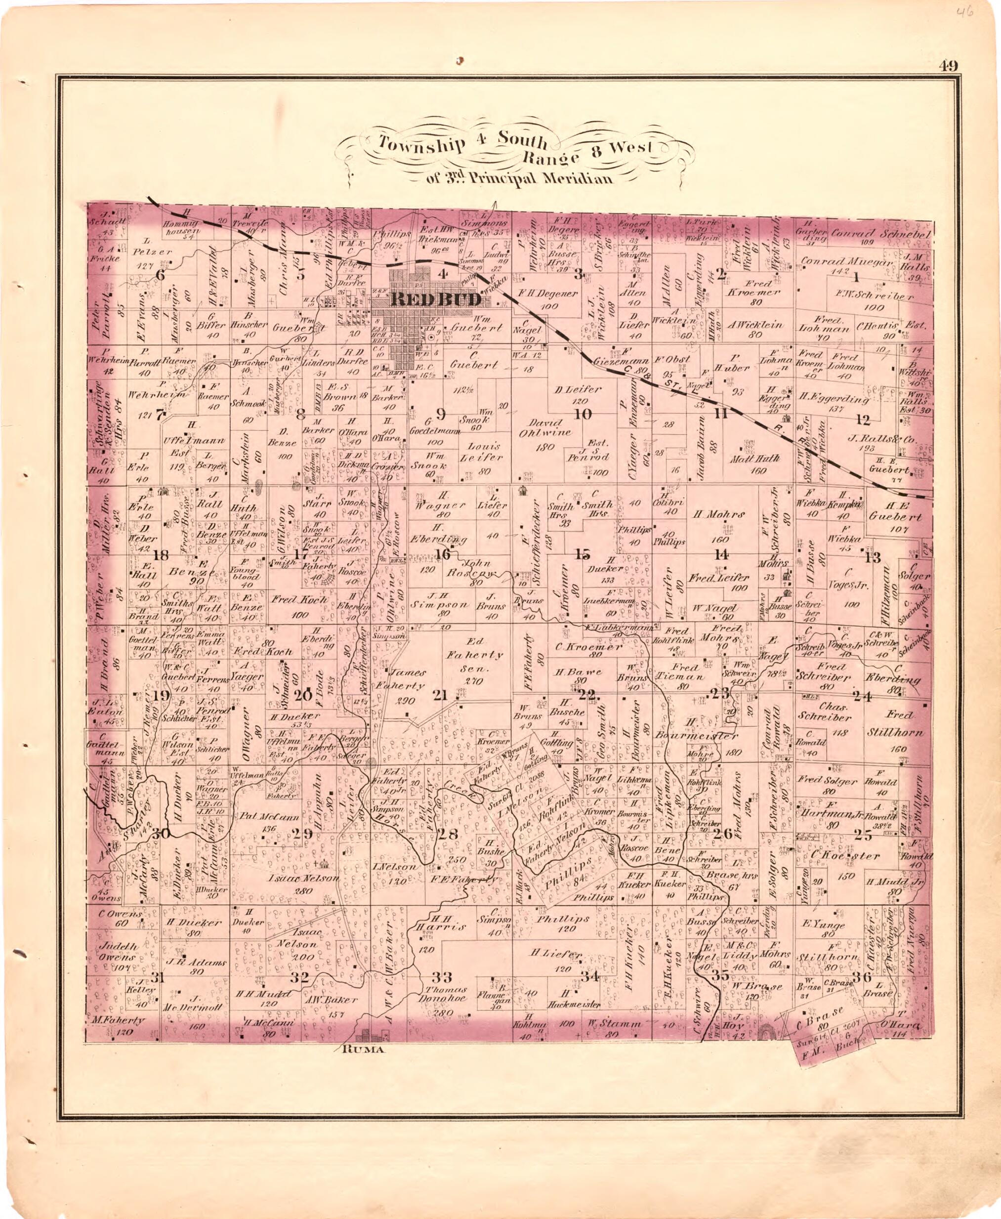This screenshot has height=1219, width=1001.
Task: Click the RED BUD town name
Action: click(436, 299)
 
